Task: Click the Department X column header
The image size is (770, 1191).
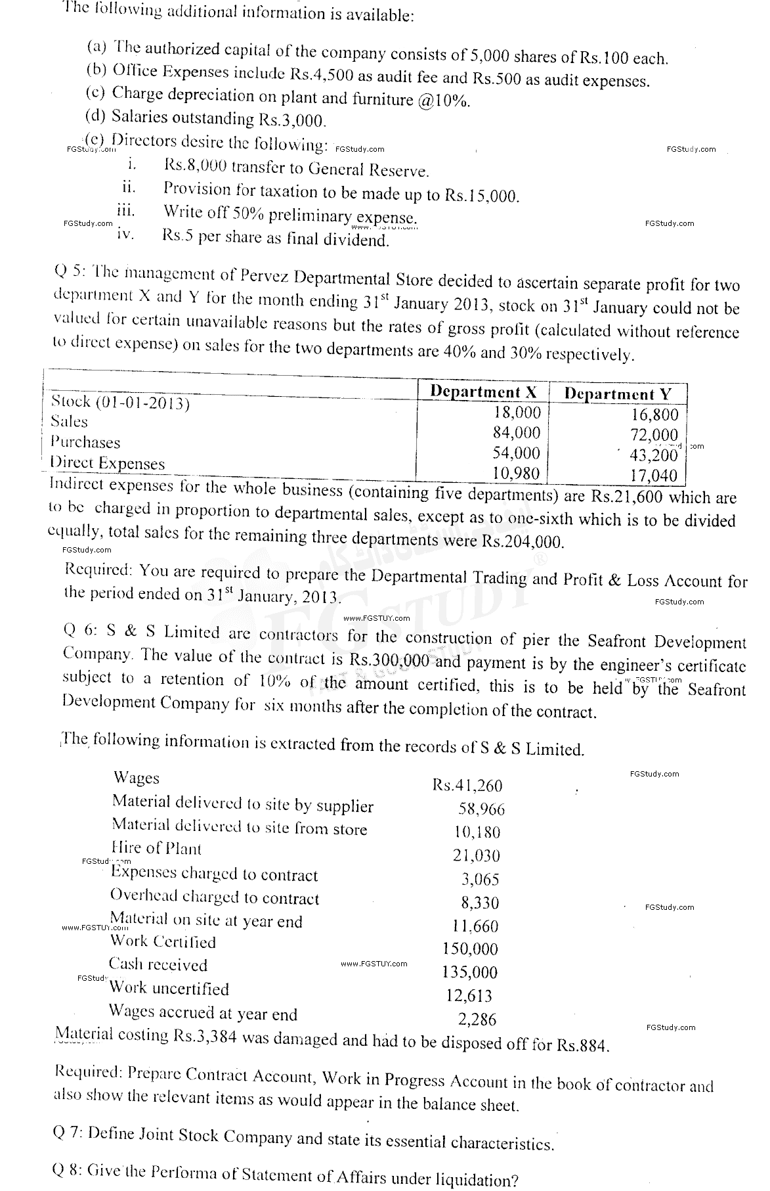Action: (483, 392)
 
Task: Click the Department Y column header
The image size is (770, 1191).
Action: (618, 394)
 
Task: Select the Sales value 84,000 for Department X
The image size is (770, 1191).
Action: (517, 433)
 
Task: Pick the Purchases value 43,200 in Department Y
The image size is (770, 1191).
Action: (653, 455)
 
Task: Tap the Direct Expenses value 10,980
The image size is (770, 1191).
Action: (517, 473)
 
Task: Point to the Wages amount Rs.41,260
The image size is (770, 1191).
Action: (467, 785)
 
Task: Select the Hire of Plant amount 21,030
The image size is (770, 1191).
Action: (477, 855)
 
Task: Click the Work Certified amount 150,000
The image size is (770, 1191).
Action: (470, 949)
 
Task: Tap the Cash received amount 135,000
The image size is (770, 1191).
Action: (469, 972)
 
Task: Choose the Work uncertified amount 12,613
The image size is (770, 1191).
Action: (469, 996)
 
